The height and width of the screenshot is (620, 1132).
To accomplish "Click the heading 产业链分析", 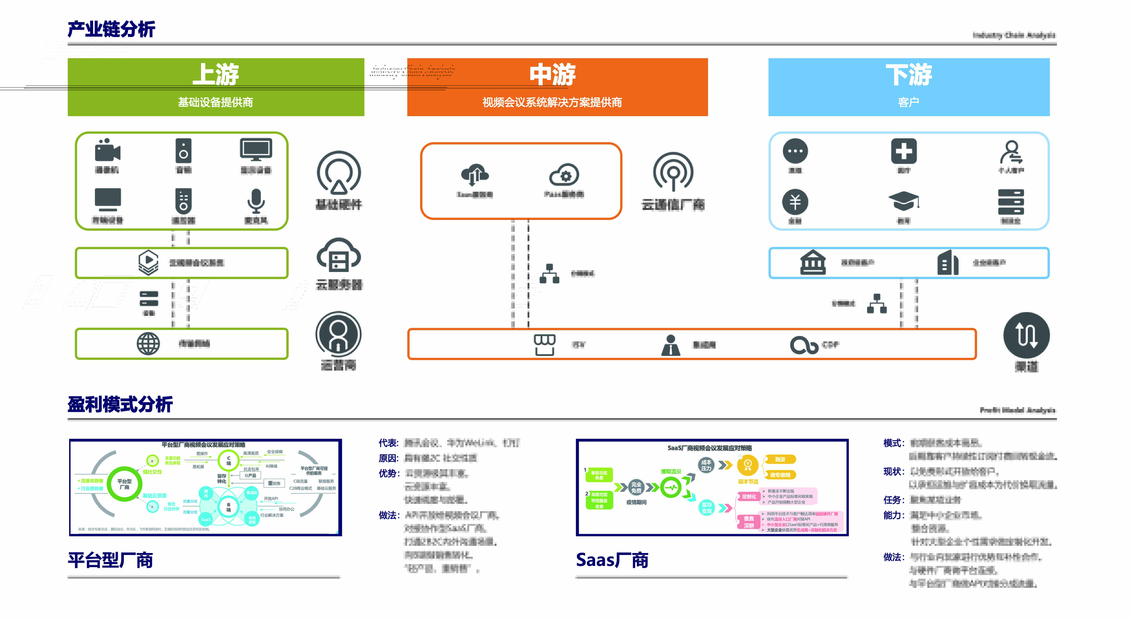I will (111, 29).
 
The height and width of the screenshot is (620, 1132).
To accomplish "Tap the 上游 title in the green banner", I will (216, 74).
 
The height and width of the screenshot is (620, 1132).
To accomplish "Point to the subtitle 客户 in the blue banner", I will (908, 102).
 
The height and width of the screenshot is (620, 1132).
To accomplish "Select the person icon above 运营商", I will (338, 334).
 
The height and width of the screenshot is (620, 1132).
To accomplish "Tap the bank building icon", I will (813, 262).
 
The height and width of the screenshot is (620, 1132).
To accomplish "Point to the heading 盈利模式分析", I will (120, 404).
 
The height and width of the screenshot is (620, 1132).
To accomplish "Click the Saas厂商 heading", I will (612, 560).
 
